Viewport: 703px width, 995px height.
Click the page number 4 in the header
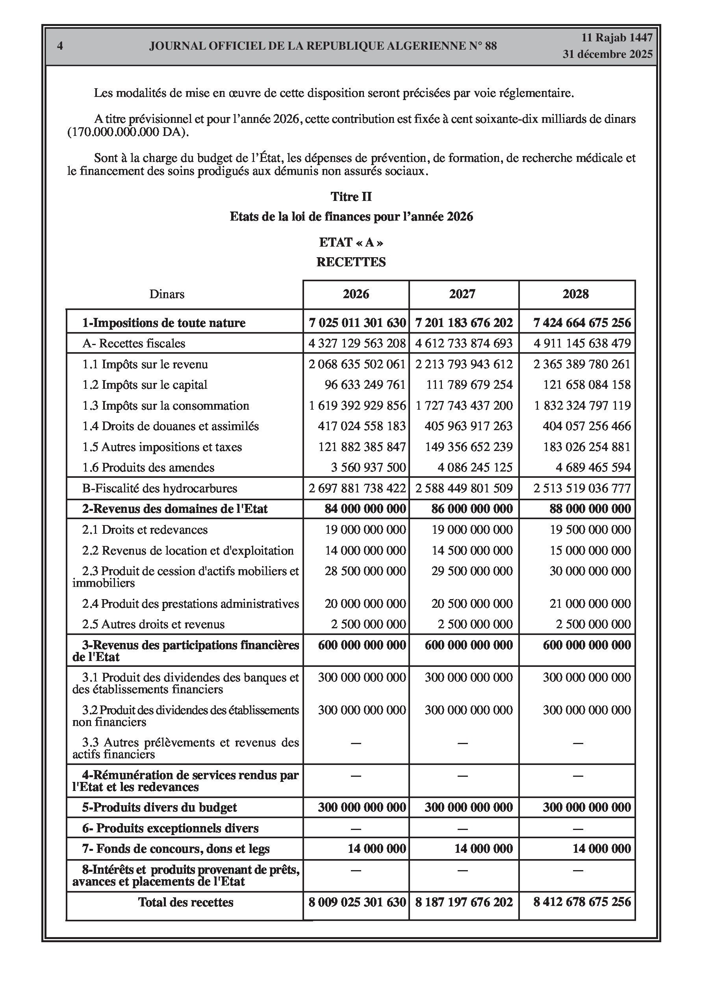(x=60, y=46)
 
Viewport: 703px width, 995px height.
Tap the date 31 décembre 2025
(x=607, y=54)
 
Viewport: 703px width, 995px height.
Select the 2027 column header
(x=462, y=294)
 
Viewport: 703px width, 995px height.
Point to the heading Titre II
(x=351, y=197)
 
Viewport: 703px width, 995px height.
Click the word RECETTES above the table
(x=351, y=262)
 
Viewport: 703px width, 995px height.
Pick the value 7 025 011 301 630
(x=357, y=323)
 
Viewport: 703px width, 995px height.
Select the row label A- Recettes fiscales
(x=134, y=343)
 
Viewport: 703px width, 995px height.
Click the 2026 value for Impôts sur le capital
(x=365, y=385)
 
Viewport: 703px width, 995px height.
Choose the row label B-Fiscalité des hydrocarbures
(x=160, y=488)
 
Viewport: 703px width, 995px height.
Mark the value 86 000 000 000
(x=471, y=509)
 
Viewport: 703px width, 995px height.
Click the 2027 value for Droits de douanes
(x=468, y=426)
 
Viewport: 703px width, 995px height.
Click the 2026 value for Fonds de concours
(x=377, y=848)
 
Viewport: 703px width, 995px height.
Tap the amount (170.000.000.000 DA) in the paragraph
(x=128, y=132)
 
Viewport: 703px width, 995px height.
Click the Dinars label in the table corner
(x=167, y=294)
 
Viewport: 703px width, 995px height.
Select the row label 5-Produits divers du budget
(x=160, y=808)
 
